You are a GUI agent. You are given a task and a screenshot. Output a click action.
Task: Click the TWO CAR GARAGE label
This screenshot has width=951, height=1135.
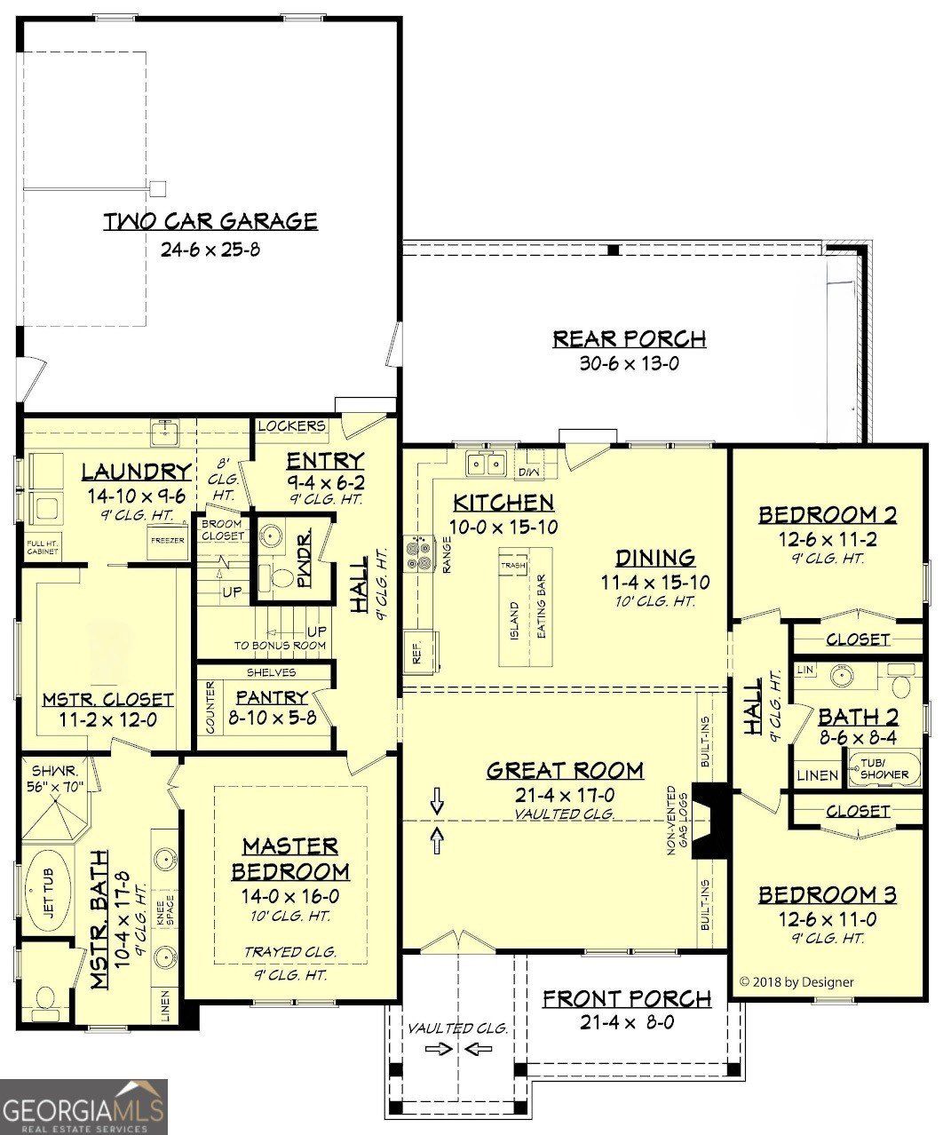pos(210,220)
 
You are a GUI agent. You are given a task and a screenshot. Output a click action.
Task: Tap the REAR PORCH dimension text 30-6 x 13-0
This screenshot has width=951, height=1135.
pos(629,363)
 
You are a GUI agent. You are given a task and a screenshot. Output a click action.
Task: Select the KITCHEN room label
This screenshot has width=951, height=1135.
pos(503,503)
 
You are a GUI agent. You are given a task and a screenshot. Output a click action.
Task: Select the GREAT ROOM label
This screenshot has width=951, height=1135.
pos(565,770)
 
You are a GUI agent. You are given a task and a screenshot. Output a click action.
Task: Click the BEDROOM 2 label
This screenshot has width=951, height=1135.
pos(827,514)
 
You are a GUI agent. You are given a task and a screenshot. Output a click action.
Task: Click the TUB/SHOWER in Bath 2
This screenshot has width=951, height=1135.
pos(884,769)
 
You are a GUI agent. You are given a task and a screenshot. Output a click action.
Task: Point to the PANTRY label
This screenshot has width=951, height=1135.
pos(272,698)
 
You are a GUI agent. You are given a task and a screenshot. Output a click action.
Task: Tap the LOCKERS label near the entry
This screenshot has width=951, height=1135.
pos(290,426)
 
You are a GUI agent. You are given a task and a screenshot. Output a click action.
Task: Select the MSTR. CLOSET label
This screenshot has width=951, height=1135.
pos(107,700)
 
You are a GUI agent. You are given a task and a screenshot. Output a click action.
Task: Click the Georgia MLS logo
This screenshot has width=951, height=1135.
pos(83,1107)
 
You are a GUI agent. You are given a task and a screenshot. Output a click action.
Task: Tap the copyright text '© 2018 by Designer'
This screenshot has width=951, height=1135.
pos(796,981)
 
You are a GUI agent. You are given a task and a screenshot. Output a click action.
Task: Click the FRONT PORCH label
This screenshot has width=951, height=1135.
pos(627,999)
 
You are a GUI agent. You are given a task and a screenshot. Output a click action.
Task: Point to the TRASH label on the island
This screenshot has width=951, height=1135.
pos(512,566)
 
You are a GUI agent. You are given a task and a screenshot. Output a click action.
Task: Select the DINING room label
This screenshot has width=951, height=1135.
pos(655,558)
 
